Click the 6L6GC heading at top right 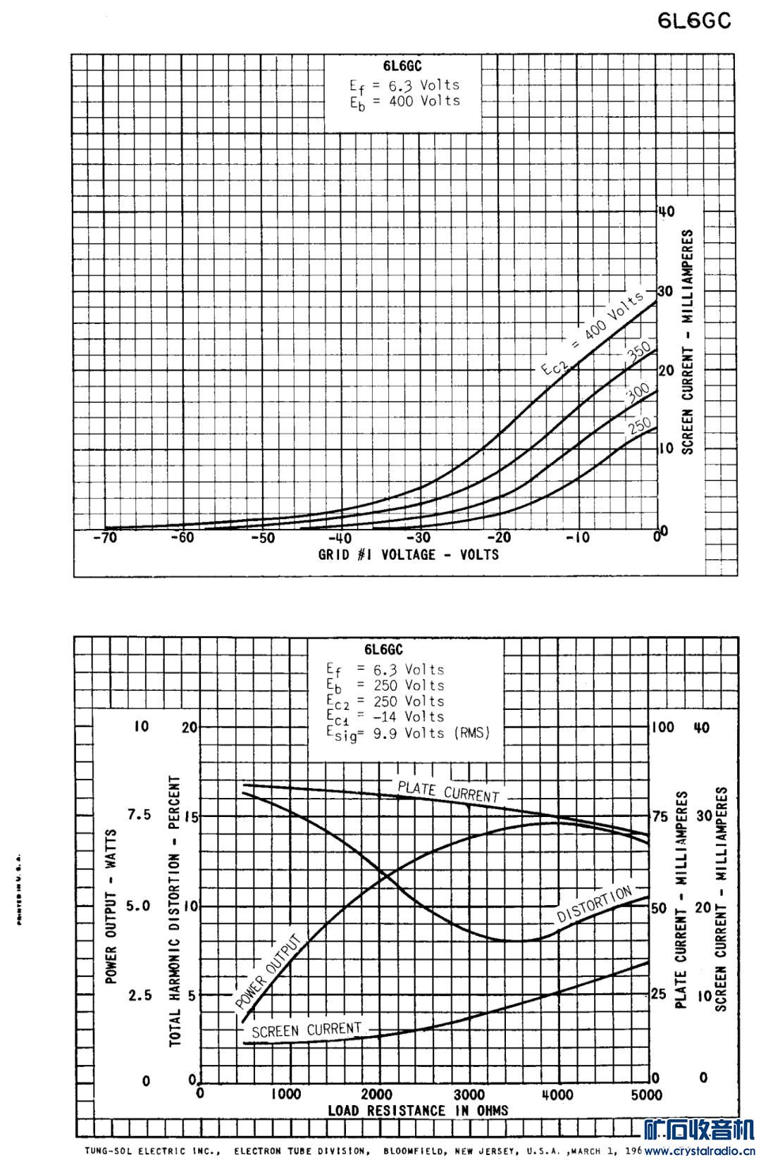[x=694, y=22]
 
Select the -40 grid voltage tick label [x=344, y=539]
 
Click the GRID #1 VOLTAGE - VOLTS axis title [x=408, y=555]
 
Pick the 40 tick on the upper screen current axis [x=666, y=211]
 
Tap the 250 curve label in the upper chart [x=639, y=425]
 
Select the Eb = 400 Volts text [x=404, y=101]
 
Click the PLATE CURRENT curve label [x=448, y=791]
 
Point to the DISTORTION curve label [x=595, y=904]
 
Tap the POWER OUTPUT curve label [x=268, y=971]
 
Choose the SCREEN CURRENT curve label [x=307, y=1030]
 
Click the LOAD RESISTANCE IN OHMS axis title [x=418, y=1111]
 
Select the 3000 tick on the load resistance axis [x=469, y=1094]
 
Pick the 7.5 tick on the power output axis [x=139, y=815]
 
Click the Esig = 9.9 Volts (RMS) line [x=407, y=733]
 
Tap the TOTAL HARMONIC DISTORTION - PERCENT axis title [x=175, y=912]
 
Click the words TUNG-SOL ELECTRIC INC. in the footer [x=152, y=1152]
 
